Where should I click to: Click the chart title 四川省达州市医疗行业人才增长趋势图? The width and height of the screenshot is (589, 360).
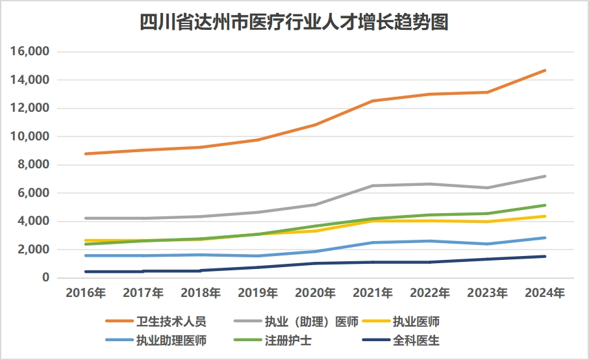[x=294, y=23]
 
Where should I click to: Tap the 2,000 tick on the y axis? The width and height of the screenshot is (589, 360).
[x=34, y=250]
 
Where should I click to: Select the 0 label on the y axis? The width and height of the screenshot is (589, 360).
[x=46, y=277]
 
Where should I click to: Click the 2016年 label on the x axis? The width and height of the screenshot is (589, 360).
[x=86, y=294]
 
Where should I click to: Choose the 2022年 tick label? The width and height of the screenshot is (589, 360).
[x=431, y=294]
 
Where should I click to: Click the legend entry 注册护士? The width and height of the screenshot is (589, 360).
[x=286, y=341]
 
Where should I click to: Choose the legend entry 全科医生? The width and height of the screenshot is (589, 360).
[x=416, y=341]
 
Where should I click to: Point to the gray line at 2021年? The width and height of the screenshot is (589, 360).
[x=373, y=186]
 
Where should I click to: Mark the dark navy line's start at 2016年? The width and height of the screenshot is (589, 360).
[x=86, y=272]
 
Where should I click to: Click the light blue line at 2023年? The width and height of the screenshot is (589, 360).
[x=488, y=244]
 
